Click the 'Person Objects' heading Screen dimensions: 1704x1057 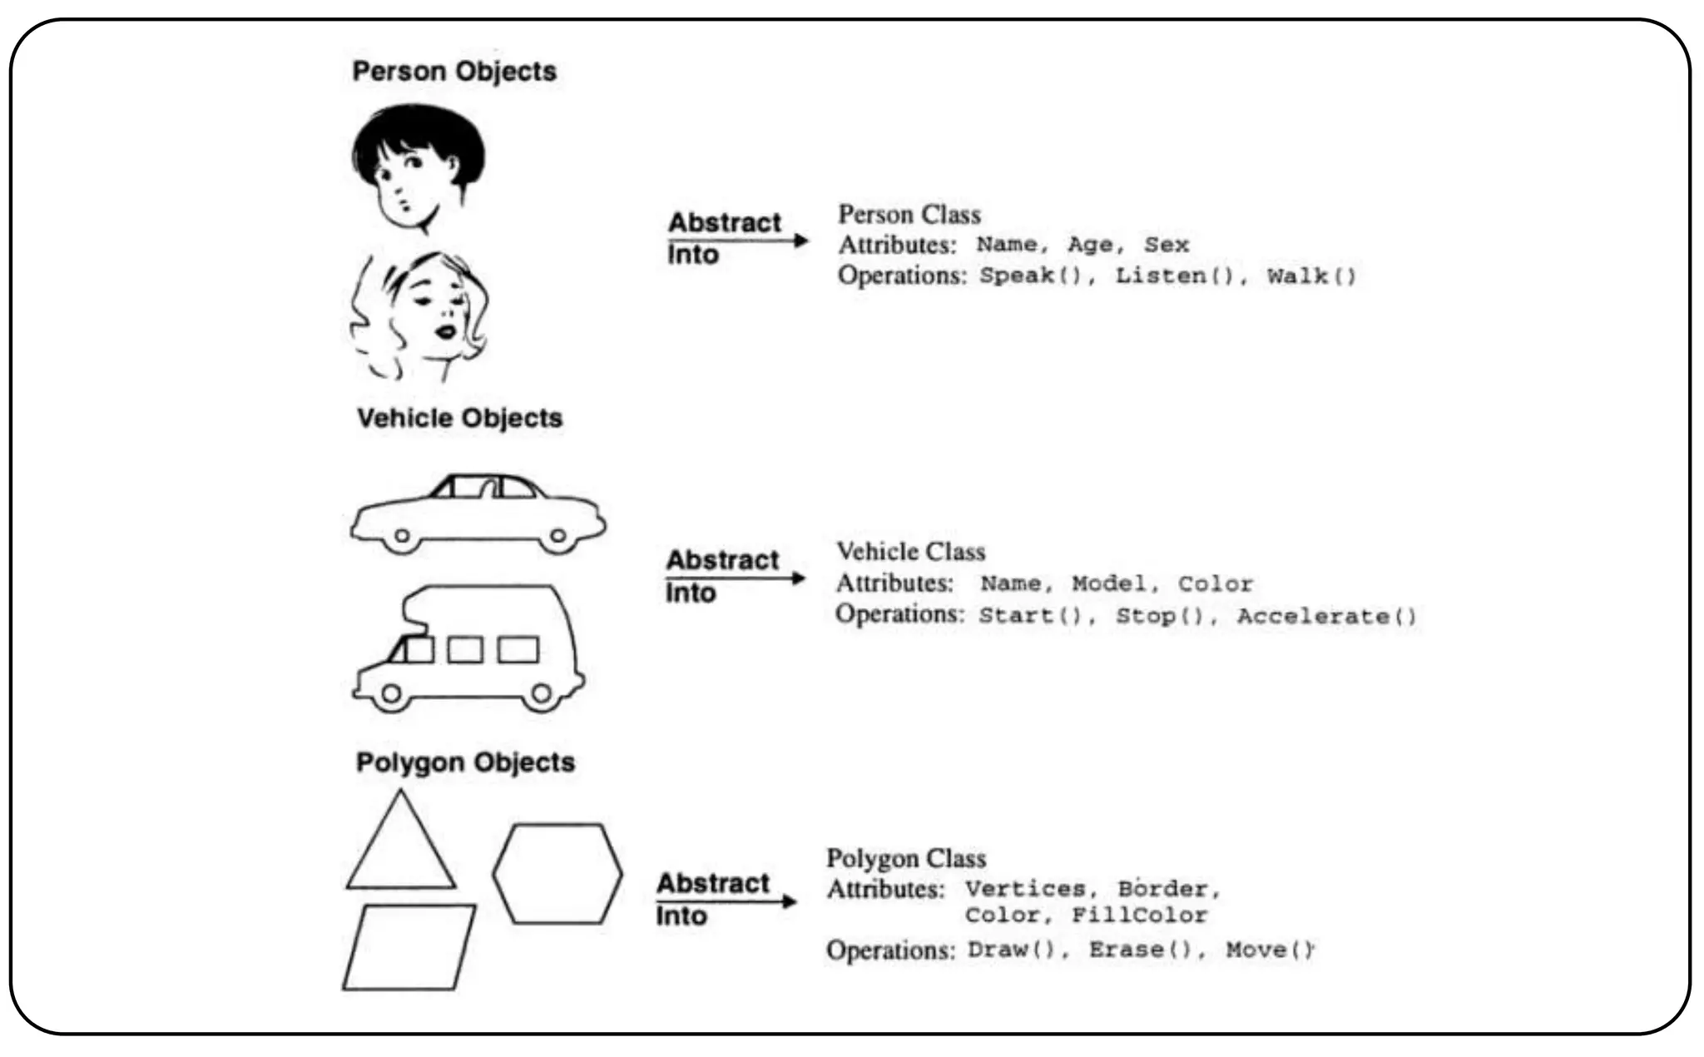(x=454, y=72)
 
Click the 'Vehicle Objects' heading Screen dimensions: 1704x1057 (x=459, y=418)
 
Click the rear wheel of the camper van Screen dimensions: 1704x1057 (x=542, y=692)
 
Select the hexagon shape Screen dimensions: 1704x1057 (x=557, y=874)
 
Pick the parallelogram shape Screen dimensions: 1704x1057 (x=409, y=947)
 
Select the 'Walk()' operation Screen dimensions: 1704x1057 (x=1311, y=276)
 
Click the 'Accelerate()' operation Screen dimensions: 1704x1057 (x=1326, y=617)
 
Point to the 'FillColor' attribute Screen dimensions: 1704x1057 (x=1138, y=916)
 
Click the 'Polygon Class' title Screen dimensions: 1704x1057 (x=906, y=858)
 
